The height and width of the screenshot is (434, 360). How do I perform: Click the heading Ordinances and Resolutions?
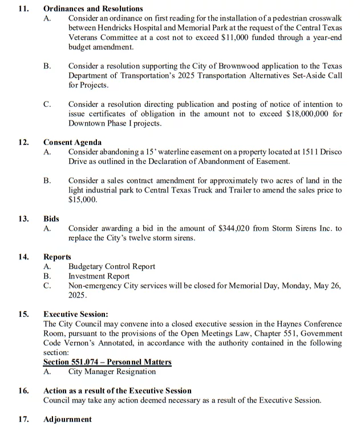93,9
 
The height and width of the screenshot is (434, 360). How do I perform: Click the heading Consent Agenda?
72,142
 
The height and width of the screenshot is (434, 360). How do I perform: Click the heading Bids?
51,219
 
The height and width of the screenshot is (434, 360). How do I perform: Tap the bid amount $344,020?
234,228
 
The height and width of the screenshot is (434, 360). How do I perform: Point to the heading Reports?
57,257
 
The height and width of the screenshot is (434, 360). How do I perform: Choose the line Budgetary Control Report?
111,267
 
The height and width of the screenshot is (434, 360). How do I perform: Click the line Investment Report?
99,276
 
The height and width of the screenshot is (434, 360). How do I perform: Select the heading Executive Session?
75,314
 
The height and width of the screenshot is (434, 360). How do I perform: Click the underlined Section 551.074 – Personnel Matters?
107,362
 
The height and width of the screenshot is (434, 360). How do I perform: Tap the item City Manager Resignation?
112,371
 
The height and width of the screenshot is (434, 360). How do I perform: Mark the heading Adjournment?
67,419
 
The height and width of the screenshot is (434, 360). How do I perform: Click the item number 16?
23,391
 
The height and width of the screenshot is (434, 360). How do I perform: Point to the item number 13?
23,219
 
